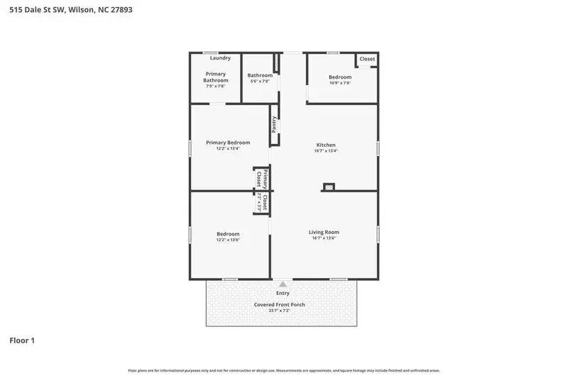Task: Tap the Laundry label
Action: click(x=219, y=58)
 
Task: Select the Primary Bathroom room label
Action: click(x=216, y=77)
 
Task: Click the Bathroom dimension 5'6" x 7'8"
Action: click(x=260, y=82)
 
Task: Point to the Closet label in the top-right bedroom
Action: click(x=367, y=60)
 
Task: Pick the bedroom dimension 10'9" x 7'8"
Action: click(x=339, y=83)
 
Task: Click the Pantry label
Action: click(x=274, y=124)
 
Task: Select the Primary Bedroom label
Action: click(x=228, y=143)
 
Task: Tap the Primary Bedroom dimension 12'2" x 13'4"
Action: click(x=228, y=149)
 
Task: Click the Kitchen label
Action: click(x=325, y=145)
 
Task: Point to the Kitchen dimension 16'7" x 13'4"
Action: click(x=325, y=151)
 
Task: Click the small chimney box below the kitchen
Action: click(x=329, y=187)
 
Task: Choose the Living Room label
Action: click(x=324, y=232)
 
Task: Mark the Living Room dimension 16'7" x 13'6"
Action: click(x=324, y=238)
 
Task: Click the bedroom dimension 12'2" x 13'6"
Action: click(x=228, y=240)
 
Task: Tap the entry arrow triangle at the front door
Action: click(x=283, y=284)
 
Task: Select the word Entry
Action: click(x=283, y=293)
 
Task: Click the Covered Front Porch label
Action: click(x=280, y=305)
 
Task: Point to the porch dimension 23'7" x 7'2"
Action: click(x=280, y=311)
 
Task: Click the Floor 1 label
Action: click(x=22, y=340)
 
